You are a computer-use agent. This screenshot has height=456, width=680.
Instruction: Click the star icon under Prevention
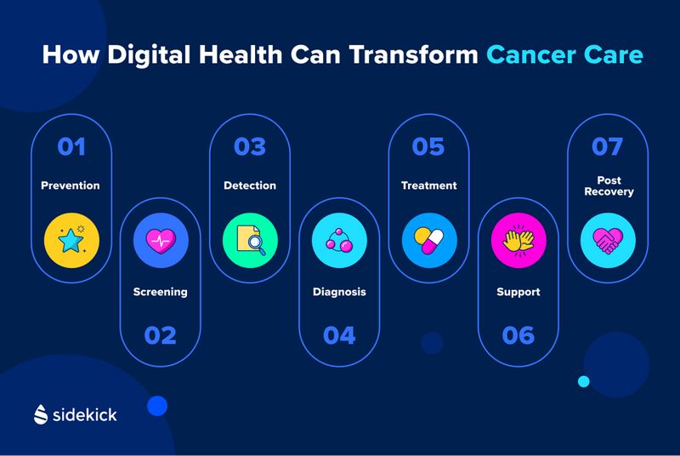pyautogui.click(x=71, y=240)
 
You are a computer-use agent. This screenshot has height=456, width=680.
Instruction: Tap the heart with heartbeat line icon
pyautogui.click(x=161, y=240)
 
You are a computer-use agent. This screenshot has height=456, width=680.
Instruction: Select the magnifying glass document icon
pyautogui.click(x=250, y=240)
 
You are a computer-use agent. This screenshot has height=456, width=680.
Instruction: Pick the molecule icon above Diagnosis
pyautogui.click(x=339, y=240)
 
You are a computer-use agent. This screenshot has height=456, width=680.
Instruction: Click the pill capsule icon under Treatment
pyautogui.click(x=429, y=240)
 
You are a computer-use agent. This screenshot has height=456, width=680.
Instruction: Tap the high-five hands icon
pyautogui.click(x=518, y=240)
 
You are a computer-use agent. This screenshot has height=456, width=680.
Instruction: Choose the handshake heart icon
pyautogui.click(x=608, y=240)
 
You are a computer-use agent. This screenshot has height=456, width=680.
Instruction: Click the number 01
pyautogui.click(x=71, y=146)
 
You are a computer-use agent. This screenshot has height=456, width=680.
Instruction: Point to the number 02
pyautogui.click(x=161, y=335)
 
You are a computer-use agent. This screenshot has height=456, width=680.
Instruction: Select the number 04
pyautogui.click(x=339, y=335)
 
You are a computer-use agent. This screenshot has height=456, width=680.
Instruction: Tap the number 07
pyautogui.click(x=608, y=146)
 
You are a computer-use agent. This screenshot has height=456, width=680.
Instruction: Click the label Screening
pyautogui.click(x=161, y=292)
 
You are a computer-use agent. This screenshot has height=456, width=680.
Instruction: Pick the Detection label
pyautogui.click(x=250, y=185)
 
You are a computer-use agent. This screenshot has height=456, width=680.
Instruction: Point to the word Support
pyautogui.click(x=518, y=293)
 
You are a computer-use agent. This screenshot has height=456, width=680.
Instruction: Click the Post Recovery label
pyautogui.click(x=609, y=186)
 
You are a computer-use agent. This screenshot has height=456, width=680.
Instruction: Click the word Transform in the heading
pyautogui.click(x=413, y=55)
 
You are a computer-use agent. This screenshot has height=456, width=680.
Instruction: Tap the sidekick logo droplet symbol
pyautogui.click(x=41, y=414)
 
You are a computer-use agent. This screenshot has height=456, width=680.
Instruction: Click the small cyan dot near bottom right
pyautogui.click(x=584, y=381)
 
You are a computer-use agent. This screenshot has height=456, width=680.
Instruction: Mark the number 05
pyautogui.click(x=428, y=146)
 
